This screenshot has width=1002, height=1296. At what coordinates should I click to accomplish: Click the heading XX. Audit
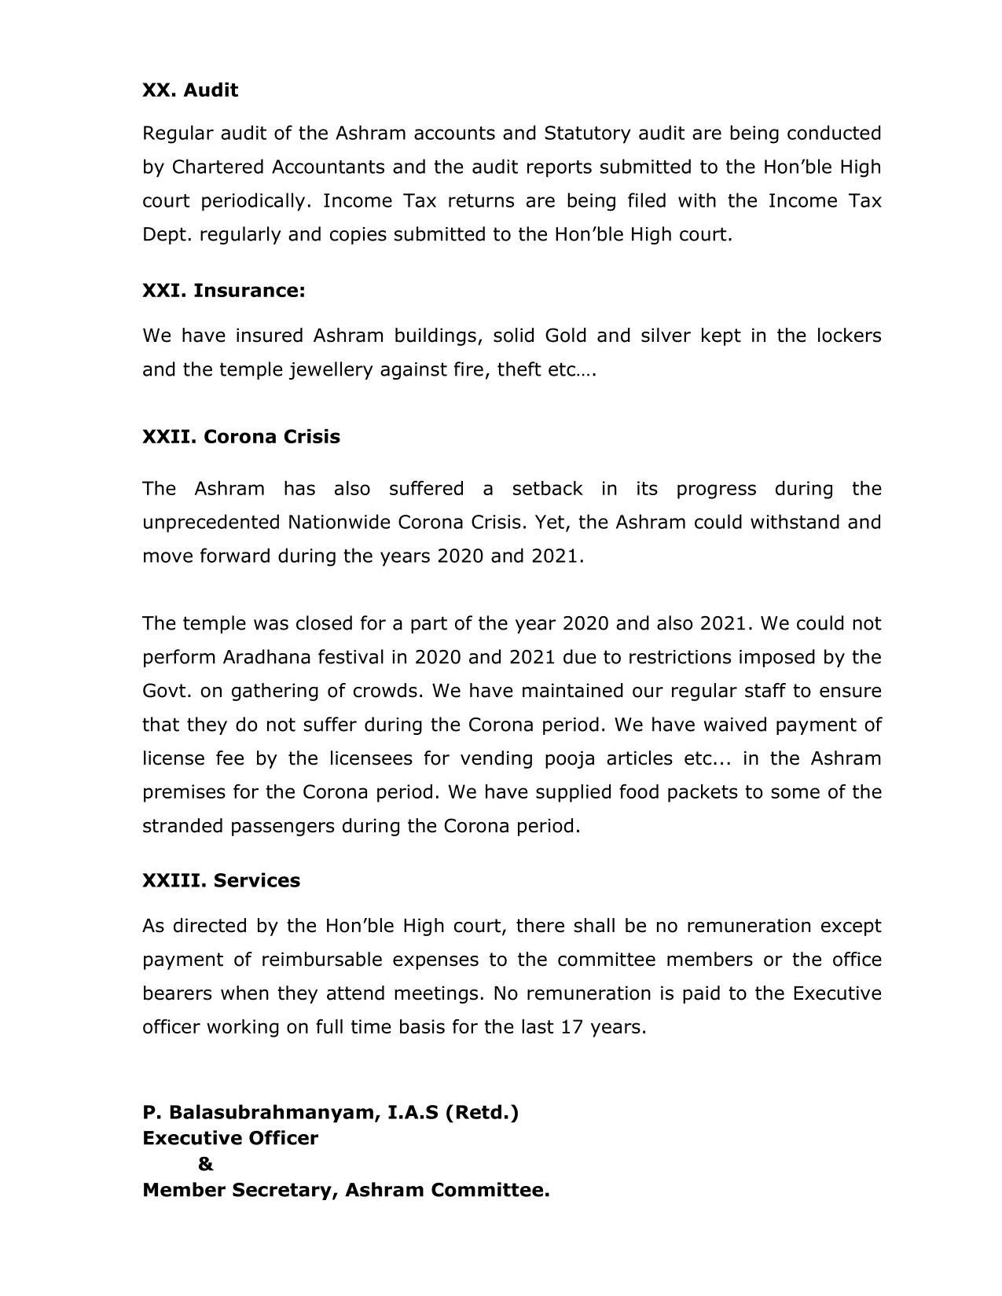point(190,90)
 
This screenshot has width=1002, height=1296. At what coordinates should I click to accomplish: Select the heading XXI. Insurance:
point(223,291)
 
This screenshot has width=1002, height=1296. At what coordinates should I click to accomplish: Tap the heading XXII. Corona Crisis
point(240,437)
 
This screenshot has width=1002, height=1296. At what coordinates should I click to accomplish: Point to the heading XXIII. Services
point(221,880)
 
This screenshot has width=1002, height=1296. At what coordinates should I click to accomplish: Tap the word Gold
point(565,336)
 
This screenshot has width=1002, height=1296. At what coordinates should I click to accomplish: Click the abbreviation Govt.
point(166,691)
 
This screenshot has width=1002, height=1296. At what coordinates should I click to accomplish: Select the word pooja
point(570,758)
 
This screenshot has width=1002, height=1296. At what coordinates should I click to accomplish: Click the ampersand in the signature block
point(206,1164)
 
